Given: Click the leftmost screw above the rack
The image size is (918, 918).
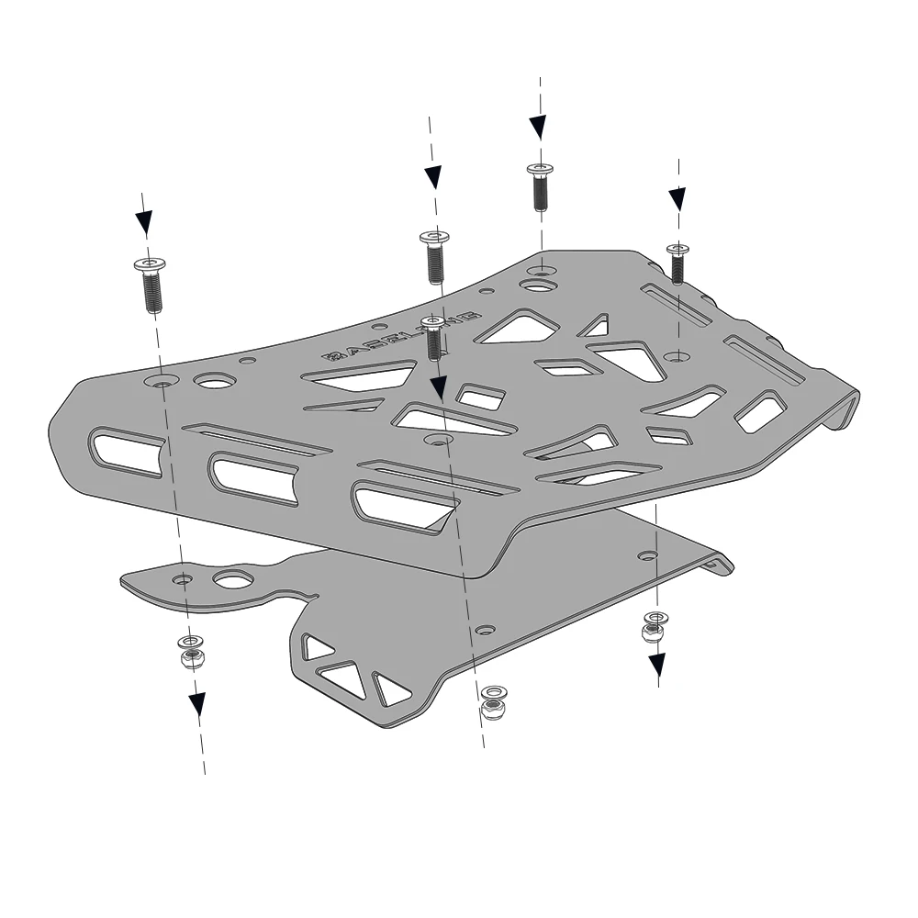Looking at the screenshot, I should pos(151,284).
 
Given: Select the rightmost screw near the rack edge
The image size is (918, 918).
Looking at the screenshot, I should pos(677,263).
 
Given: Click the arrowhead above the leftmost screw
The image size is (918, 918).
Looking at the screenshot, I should pos(144,221).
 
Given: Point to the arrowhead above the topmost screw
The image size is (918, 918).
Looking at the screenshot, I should pos(538,126).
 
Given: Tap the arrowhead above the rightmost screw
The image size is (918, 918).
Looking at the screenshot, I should pos(677,198).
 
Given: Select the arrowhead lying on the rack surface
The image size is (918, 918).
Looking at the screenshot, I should pos(439,386).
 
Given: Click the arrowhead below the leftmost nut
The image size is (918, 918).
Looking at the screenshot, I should pos(197,704).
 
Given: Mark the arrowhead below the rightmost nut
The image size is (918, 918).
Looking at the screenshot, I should pos(657,664).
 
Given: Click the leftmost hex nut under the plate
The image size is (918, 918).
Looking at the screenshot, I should pos(193,657).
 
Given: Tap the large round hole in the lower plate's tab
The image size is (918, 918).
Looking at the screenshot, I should pos(233,579).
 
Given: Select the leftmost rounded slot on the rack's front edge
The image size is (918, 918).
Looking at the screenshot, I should pos(127,451).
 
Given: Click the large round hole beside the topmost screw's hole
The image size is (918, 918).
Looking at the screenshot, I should pos(537,286).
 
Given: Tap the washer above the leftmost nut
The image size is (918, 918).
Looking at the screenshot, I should pos(191,641).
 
